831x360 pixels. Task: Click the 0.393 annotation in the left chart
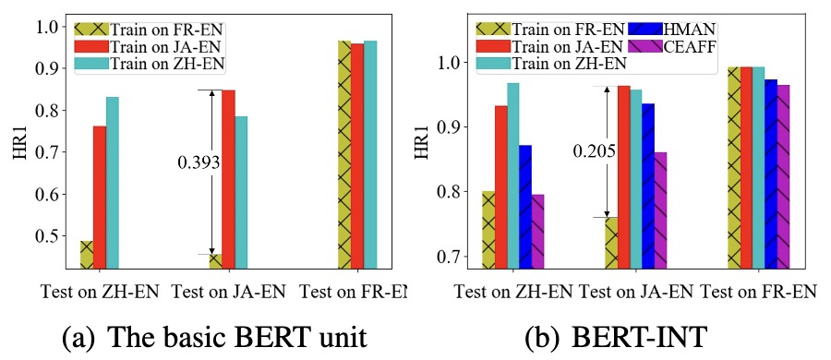click(x=199, y=162)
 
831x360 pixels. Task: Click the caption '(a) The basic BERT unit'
click(x=214, y=335)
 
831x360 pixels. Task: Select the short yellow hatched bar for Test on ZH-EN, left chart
click(x=86, y=255)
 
